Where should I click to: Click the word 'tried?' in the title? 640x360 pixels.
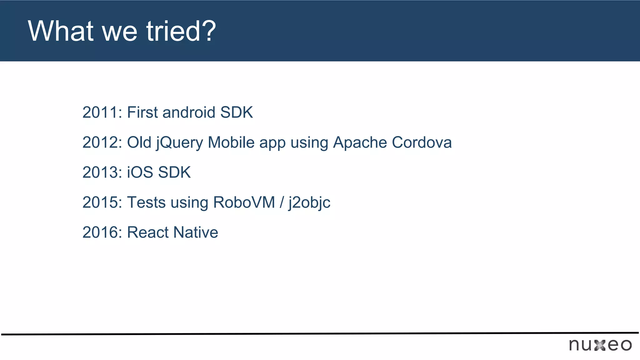pos(181,31)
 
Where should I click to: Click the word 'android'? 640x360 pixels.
pos(189,112)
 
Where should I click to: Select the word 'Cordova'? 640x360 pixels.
pos(422,142)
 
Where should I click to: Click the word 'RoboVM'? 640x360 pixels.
pos(244,202)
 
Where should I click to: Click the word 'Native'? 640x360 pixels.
pos(196,232)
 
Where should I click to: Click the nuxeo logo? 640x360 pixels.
pos(600,345)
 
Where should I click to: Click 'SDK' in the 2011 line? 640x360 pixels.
pos(237,112)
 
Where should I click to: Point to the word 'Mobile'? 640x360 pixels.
pos(231,142)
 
